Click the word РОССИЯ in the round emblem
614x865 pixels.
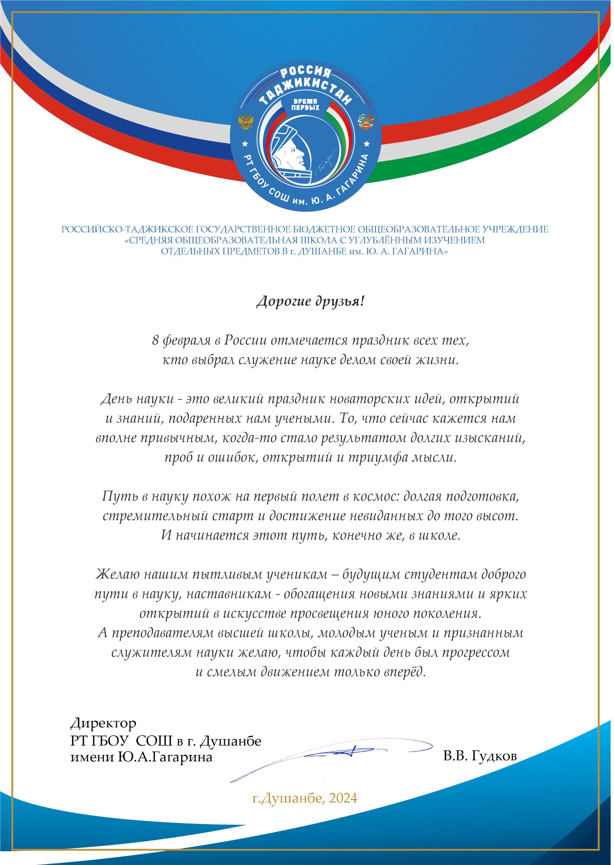[305, 72]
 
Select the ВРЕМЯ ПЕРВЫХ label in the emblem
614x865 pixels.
[305, 105]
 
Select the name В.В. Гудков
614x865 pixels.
[480, 757]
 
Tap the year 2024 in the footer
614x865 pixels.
[343, 798]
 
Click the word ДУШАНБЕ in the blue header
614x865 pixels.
[322, 251]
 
